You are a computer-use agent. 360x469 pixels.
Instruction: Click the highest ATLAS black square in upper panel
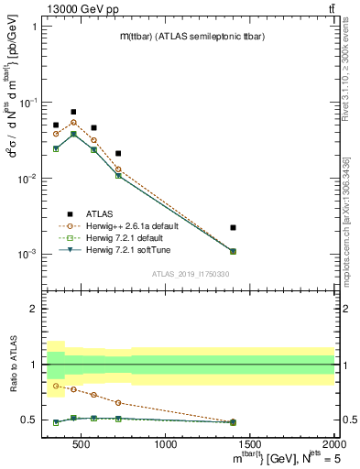click(73, 112)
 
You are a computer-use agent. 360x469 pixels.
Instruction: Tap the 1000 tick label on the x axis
click(166, 444)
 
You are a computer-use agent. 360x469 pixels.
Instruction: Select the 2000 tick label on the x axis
click(333, 444)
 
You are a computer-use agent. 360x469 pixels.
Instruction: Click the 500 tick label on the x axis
click(82, 444)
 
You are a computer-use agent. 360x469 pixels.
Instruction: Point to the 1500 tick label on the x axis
click(249, 444)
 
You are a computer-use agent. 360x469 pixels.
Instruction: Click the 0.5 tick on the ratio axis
click(30, 420)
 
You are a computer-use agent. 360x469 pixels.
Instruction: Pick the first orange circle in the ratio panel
click(56, 386)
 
